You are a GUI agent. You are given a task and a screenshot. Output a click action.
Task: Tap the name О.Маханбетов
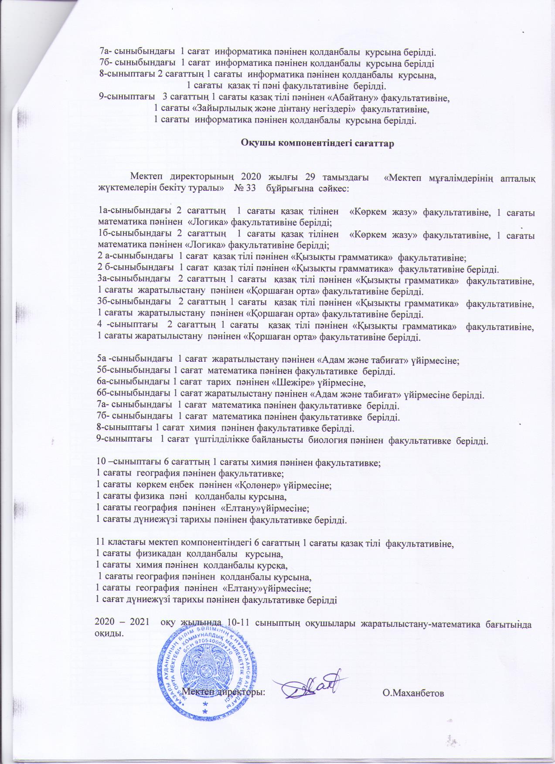coord(413,693)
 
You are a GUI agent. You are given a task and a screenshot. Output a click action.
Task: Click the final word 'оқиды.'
coord(109,633)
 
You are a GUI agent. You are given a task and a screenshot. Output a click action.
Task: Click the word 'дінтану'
coord(299,109)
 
